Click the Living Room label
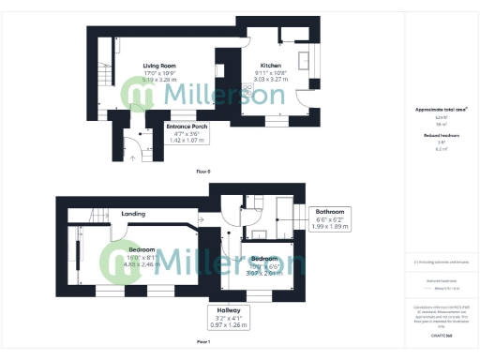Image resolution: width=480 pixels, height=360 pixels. coord(159,66)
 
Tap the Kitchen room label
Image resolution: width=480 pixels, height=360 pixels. coord(271,66)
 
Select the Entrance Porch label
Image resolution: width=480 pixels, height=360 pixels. coord(187,126)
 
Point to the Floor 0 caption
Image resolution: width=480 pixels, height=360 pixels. coord(203,172)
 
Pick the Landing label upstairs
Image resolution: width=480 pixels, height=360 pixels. coord(133,214)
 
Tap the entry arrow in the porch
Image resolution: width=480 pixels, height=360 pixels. coord(131,157)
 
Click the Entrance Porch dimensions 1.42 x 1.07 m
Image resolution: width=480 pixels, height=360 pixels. coord(187,141)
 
